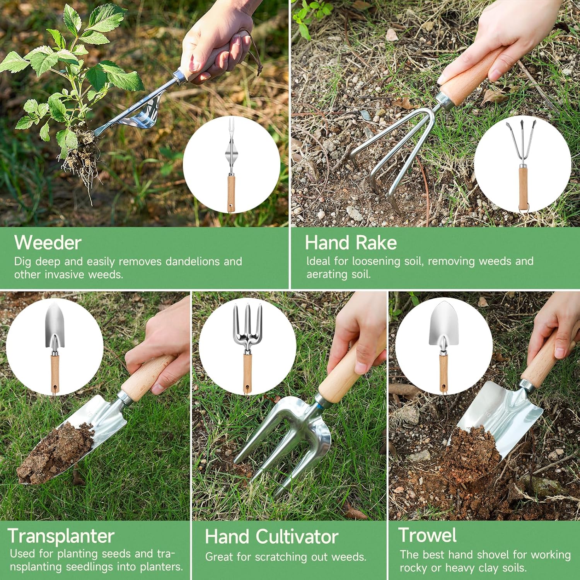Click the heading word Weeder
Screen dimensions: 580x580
[x=48, y=243]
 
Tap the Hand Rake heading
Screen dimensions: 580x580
[x=351, y=243]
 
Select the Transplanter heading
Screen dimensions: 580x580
[x=61, y=536]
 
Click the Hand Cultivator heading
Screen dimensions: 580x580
[x=271, y=537]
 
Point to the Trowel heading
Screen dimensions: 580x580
[x=428, y=535]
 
